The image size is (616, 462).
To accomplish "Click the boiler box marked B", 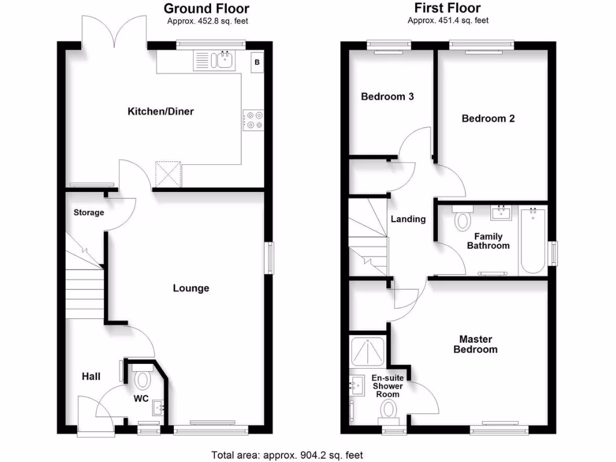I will [257, 62].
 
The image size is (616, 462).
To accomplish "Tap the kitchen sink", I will [225, 61].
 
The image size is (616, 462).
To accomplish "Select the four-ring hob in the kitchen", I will [253, 119].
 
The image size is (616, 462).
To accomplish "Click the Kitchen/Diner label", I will [161, 111].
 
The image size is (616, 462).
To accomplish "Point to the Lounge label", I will [191, 288].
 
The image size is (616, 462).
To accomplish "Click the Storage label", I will [89, 212].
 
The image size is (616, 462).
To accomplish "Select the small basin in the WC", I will [159, 408].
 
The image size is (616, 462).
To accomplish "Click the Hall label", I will [91, 377].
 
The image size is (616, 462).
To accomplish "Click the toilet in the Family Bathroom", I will [463, 218].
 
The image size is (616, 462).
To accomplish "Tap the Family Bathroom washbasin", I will [500, 212].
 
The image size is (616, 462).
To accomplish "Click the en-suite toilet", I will [389, 412].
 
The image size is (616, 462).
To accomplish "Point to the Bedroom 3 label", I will [387, 96].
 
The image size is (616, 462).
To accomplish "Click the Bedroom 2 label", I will [488, 119].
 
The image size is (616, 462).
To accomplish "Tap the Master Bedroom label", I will [475, 344].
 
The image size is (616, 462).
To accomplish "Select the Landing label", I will [408, 219].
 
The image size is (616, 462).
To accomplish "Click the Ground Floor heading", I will [206, 8].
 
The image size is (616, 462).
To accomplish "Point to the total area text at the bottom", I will [287, 455].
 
